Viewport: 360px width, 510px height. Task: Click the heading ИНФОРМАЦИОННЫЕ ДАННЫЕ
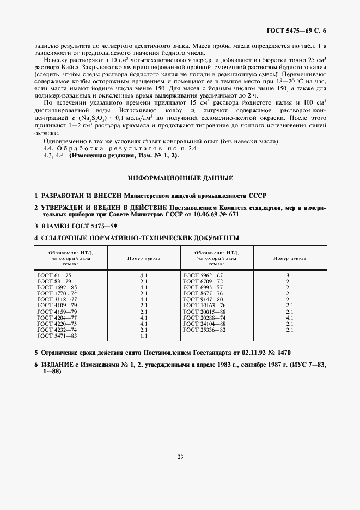[x=180, y=178]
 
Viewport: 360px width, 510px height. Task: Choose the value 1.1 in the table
[x=144, y=336]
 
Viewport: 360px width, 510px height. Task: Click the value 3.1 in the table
[x=289, y=276]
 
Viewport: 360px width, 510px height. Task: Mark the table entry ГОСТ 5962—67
[x=203, y=276]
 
